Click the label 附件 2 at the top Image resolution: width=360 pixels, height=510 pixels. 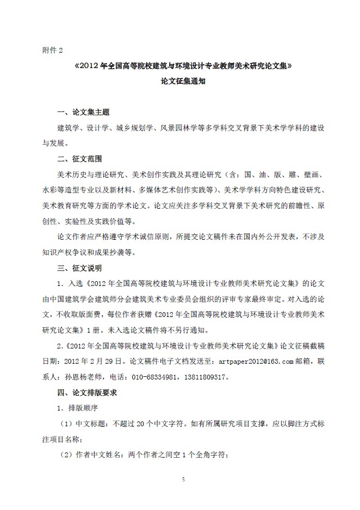point(53,51)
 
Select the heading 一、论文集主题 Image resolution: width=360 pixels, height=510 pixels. point(83,113)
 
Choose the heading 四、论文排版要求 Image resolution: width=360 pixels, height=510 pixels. point(87,392)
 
